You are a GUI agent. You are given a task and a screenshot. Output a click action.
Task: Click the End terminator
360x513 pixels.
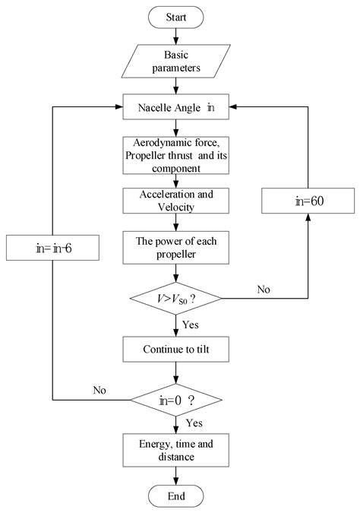click(x=176, y=497)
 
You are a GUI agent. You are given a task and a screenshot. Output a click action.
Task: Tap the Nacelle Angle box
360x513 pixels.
click(x=176, y=108)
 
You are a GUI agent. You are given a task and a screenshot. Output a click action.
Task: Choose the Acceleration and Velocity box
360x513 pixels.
click(x=176, y=200)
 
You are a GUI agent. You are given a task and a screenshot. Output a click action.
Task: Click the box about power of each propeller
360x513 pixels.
click(x=176, y=248)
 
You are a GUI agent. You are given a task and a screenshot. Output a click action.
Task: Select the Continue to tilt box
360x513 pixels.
click(x=176, y=350)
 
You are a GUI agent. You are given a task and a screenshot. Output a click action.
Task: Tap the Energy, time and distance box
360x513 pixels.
click(x=176, y=450)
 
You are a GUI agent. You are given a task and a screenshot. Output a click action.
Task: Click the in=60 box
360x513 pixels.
click(x=307, y=202)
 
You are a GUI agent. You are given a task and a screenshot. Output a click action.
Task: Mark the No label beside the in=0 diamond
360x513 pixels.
click(x=99, y=391)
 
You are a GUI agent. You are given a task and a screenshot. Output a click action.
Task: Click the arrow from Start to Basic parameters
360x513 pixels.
click(x=176, y=35)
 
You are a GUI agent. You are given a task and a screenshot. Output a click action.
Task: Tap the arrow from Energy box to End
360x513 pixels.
click(x=176, y=476)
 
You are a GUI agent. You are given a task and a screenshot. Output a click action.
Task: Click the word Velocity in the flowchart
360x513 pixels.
click(x=176, y=207)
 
